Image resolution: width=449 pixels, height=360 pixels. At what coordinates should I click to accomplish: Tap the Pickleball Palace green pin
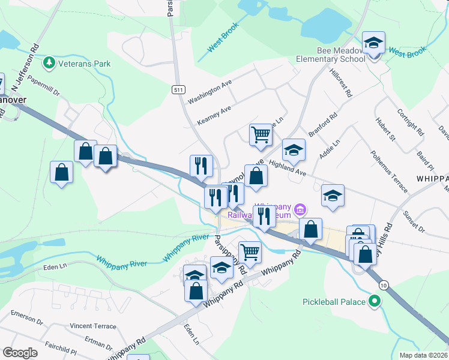click(376, 301)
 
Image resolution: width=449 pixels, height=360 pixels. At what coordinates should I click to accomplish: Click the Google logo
click(20, 353)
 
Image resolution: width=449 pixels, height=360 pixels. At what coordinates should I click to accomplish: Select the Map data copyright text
click(423, 355)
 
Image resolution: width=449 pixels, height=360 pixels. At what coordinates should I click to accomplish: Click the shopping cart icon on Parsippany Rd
click(250, 251)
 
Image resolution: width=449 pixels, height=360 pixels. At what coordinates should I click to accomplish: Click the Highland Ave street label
click(288, 167)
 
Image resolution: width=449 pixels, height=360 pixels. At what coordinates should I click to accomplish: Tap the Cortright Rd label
click(411, 121)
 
